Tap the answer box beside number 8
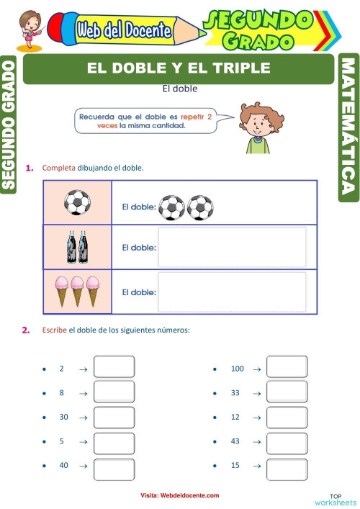pos(114,392)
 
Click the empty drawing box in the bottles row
pos(231,247)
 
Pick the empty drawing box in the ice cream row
pos(231,292)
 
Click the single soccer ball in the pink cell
pos(77,202)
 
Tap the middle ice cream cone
pos(77,290)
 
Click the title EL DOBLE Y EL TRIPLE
pos(179,68)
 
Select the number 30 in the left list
pos(63,417)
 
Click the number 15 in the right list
pos(235,466)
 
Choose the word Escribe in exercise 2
pos(55,330)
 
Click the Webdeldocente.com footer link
pos(180,496)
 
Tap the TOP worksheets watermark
pos(336,498)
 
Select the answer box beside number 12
pos(287,417)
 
